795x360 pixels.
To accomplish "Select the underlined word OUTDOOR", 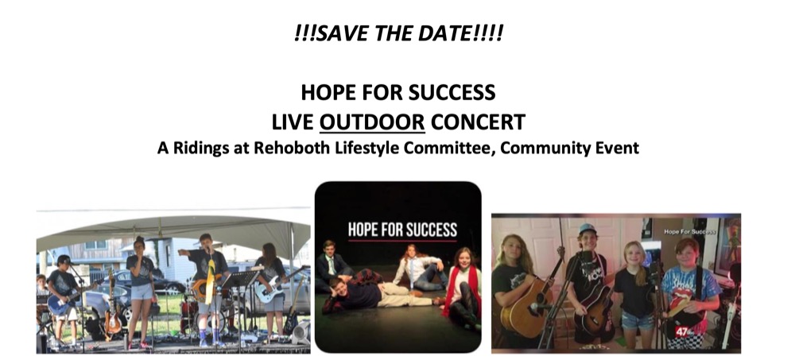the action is tap(372, 122).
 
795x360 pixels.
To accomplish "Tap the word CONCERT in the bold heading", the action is tap(478, 122).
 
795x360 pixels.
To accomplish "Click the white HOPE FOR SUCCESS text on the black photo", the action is tap(402, 230).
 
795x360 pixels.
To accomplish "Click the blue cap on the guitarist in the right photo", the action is tap(588, 228).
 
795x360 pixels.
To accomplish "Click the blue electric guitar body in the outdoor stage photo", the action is tap(59, 304).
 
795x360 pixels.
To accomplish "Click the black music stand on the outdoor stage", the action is tap(241, 278).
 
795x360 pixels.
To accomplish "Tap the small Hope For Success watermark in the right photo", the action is tap(690, 232).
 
